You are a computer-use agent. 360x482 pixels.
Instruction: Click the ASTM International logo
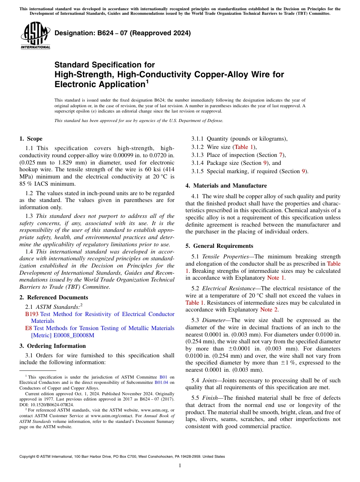[35, 36]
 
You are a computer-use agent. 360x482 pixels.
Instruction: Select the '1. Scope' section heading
[31, 139]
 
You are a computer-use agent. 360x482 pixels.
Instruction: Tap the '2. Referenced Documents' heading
[54, 297]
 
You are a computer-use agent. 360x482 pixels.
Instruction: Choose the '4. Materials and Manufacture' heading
[226, 186]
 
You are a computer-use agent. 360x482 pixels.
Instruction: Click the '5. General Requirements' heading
[219, 246]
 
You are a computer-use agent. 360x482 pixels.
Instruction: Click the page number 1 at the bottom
[180, 465]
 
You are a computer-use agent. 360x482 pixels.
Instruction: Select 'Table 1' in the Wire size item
[244, 147]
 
